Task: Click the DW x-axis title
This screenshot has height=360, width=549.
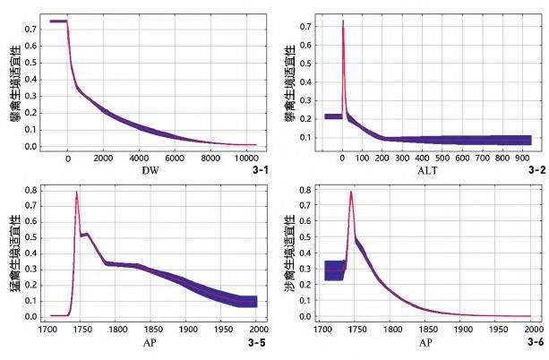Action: [x=151, y=171]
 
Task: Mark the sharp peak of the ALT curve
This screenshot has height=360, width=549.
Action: [x=343, y=21]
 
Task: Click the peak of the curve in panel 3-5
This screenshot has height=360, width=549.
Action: [x=77, y=192]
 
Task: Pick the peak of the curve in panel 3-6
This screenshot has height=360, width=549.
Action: [x=351, y=192]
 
